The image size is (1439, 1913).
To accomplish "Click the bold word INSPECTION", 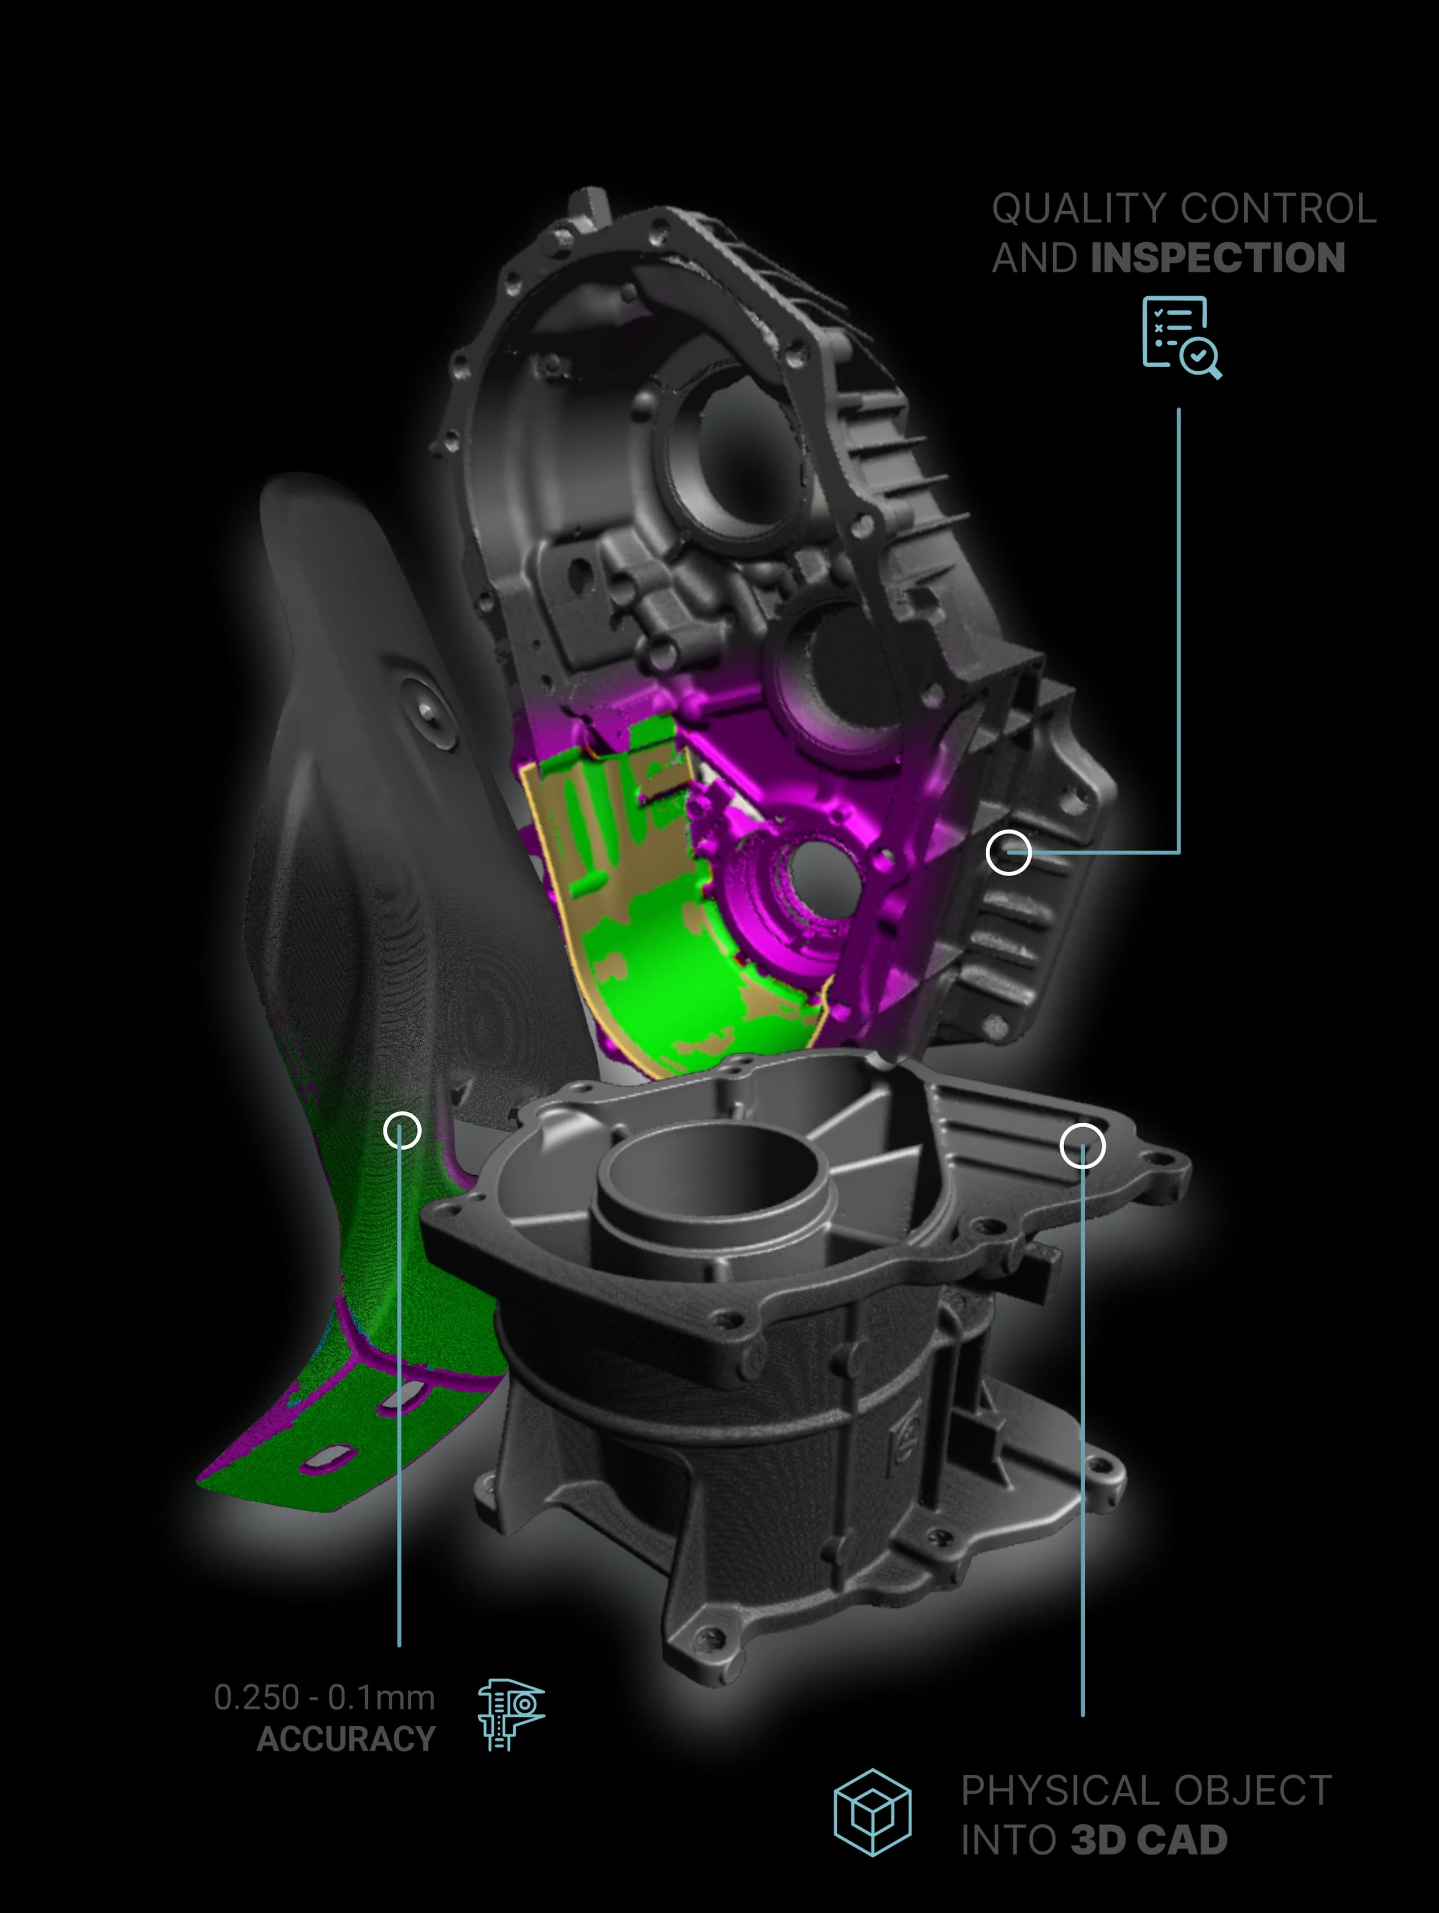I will point(1218,258).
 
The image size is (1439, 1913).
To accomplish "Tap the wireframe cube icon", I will point(872,1812).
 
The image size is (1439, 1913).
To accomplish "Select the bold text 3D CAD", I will point(1148,1839).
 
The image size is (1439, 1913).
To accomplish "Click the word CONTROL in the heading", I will point(1278,208).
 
